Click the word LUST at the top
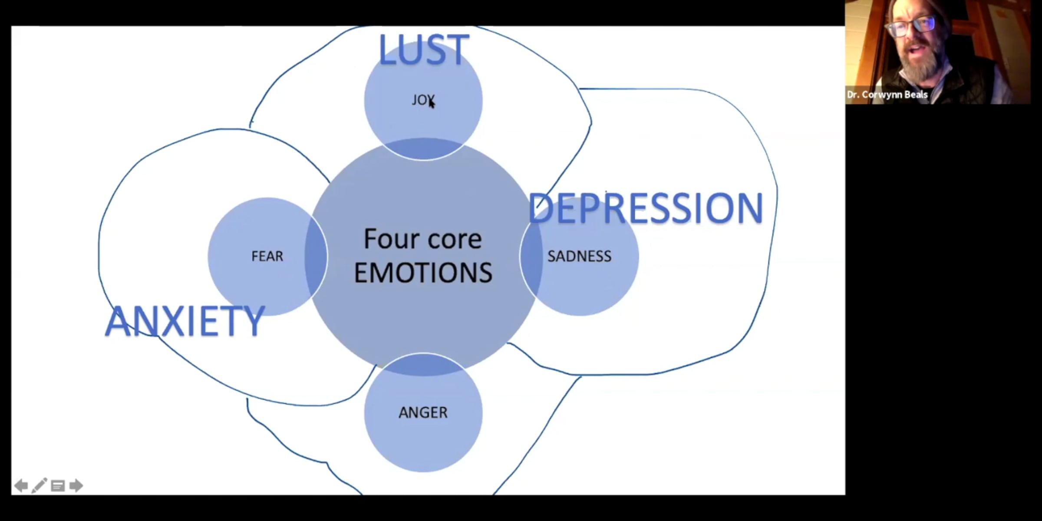coord(423,50)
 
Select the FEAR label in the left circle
coord(267,256)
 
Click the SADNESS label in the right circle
coord(579,256)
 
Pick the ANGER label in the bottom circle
coord(423,412)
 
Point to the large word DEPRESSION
coord(646,208)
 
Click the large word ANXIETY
coord(185,321)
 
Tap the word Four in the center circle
coord(388,239)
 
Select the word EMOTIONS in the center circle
coord(423,273)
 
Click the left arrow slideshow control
coord(21,485)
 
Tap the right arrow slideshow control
coord(76,485)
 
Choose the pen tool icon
coord(39,485)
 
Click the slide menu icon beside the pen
coord(58,485)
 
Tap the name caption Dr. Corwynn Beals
coord(887,95)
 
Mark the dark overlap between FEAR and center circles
coord(316,256)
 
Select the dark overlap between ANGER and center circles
coord(423,365)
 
